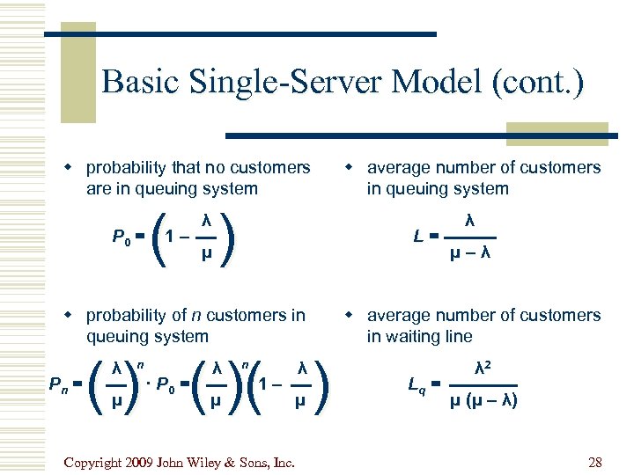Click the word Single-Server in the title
tap(269, 83)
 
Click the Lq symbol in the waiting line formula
tap(417, 384)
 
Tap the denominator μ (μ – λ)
tap(484, 402)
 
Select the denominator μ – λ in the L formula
tap(471, 255)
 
